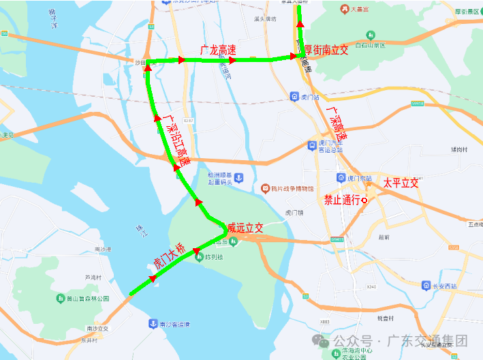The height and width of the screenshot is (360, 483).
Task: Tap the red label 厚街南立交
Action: click(326, 49)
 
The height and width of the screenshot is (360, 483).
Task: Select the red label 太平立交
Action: click(400, 183)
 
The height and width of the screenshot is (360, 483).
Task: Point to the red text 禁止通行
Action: click(341, 200)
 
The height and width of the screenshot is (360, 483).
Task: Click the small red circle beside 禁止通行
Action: click(364, 200)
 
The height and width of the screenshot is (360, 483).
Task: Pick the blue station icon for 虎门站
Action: click(294, 97)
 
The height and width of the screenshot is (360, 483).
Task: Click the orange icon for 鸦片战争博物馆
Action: click(265, 188)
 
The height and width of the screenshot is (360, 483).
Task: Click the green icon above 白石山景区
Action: click(370, 35)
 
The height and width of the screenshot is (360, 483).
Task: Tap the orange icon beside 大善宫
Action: click(345, 10)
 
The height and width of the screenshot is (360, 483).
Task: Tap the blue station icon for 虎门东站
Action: click(341, 178)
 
